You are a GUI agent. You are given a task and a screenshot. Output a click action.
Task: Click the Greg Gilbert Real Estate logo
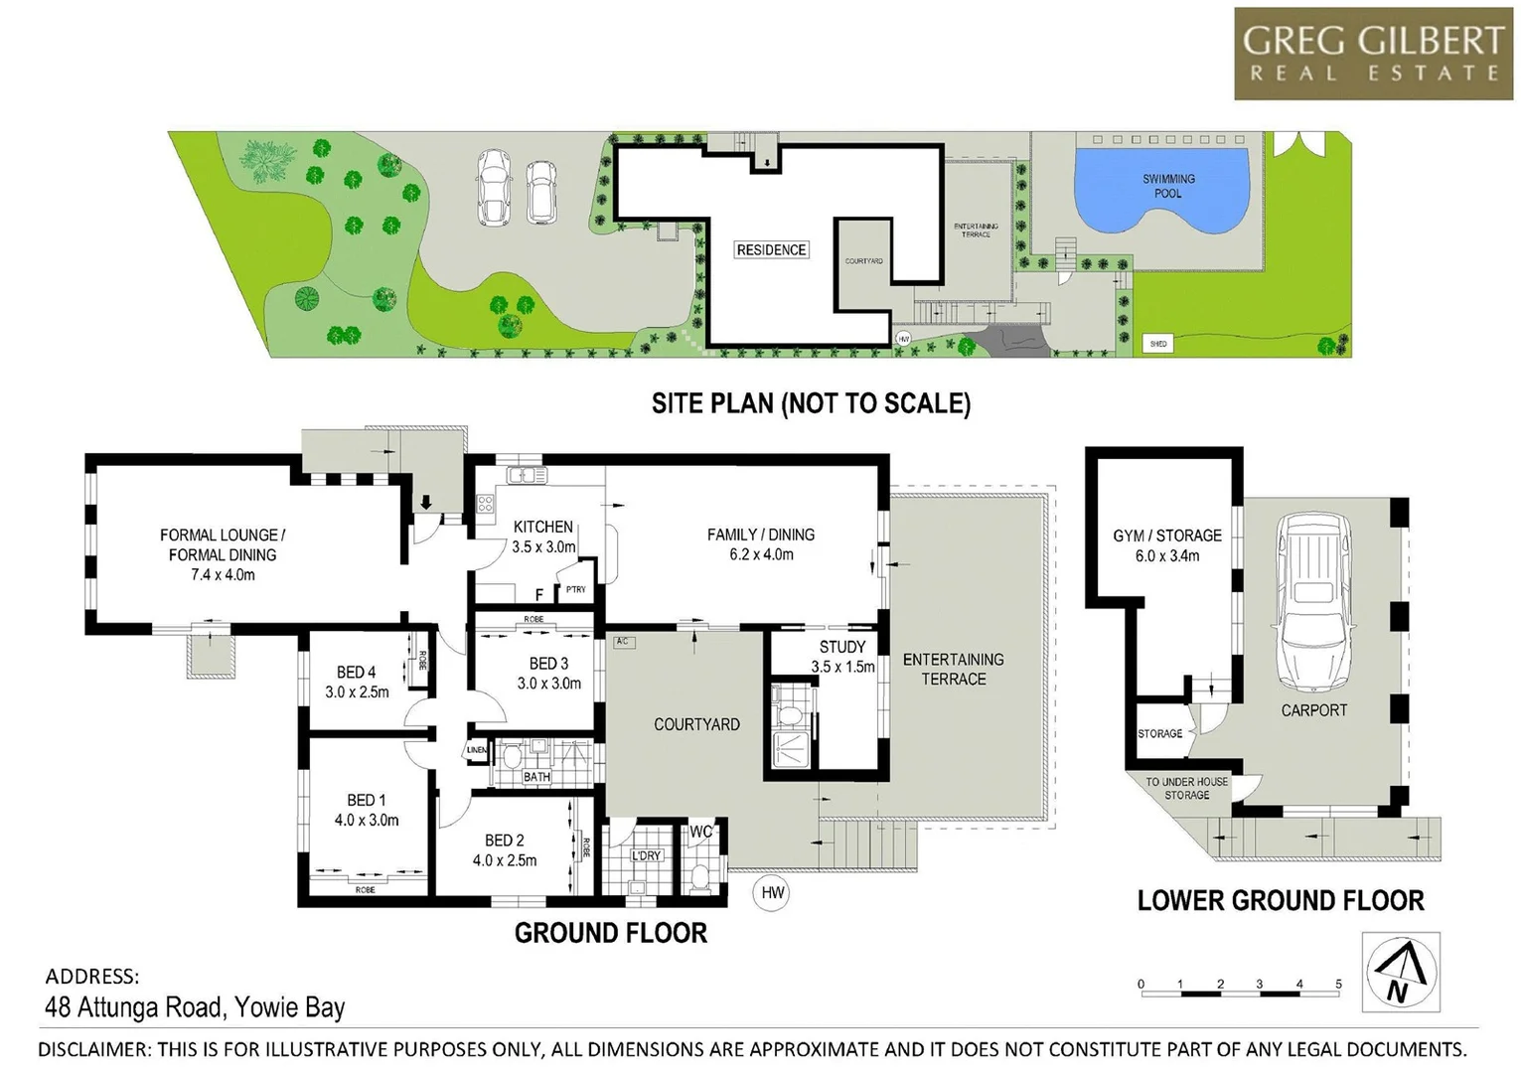(1372, 54)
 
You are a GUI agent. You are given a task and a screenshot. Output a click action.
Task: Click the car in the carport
(1314, 601)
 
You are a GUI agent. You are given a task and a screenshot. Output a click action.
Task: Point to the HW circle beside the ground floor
(772, 892)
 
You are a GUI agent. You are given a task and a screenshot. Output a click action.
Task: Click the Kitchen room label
(542, 527)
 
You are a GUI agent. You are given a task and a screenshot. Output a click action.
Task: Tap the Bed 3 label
(548, 663)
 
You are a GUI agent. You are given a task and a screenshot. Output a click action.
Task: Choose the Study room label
(841, 647)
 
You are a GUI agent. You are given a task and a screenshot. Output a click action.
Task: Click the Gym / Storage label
(1166, 536)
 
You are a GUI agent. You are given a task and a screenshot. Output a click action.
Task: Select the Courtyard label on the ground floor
(696, 724)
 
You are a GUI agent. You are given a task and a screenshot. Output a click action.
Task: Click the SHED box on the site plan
(1157, 344)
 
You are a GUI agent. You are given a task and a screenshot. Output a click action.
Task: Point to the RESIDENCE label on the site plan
(771, 249)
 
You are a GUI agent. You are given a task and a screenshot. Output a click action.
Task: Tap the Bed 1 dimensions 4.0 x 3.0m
(367, 821)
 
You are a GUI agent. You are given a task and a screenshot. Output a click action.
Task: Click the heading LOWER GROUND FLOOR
(1280, 901)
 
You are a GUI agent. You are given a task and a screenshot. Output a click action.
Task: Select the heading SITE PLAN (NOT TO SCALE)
(811, 402)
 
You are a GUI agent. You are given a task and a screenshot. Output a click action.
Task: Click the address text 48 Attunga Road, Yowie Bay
(195, 1007)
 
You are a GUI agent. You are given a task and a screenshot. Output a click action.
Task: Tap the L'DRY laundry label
(646, 856)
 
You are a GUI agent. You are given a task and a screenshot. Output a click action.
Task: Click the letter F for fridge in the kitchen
(539, 594)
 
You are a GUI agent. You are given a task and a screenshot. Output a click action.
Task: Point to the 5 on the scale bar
(1338, 984)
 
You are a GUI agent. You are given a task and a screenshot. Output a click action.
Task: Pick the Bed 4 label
(356, 673)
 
